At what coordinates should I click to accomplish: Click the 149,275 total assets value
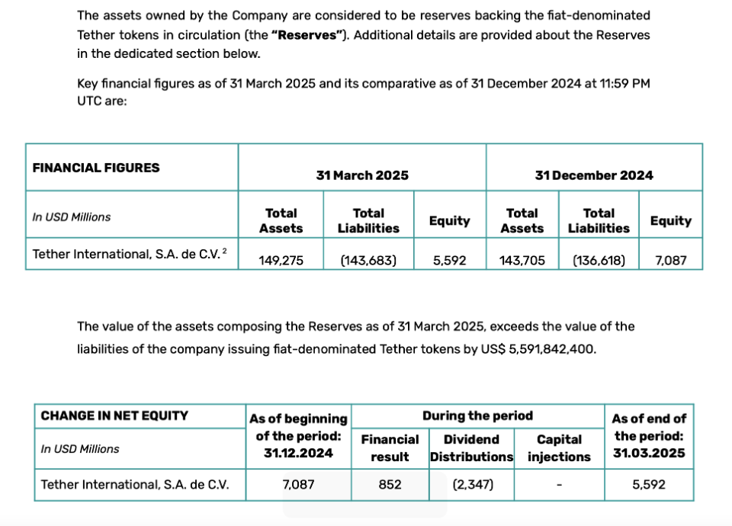[281, 260]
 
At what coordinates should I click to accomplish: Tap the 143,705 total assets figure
[522, 260]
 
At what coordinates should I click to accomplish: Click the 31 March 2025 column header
[362, 175]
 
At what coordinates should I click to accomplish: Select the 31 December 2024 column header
[594, 175]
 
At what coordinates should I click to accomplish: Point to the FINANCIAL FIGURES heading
[96, 168]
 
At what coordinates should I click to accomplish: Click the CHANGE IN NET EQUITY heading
[114, 415]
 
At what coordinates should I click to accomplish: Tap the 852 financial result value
[390, 484]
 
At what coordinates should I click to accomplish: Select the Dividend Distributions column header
[471, 448]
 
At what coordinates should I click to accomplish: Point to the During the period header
[477, 415]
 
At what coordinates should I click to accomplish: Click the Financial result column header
[390, 448]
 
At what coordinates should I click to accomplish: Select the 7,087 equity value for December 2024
[671, 260]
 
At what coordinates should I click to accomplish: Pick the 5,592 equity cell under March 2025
[449, 260]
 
